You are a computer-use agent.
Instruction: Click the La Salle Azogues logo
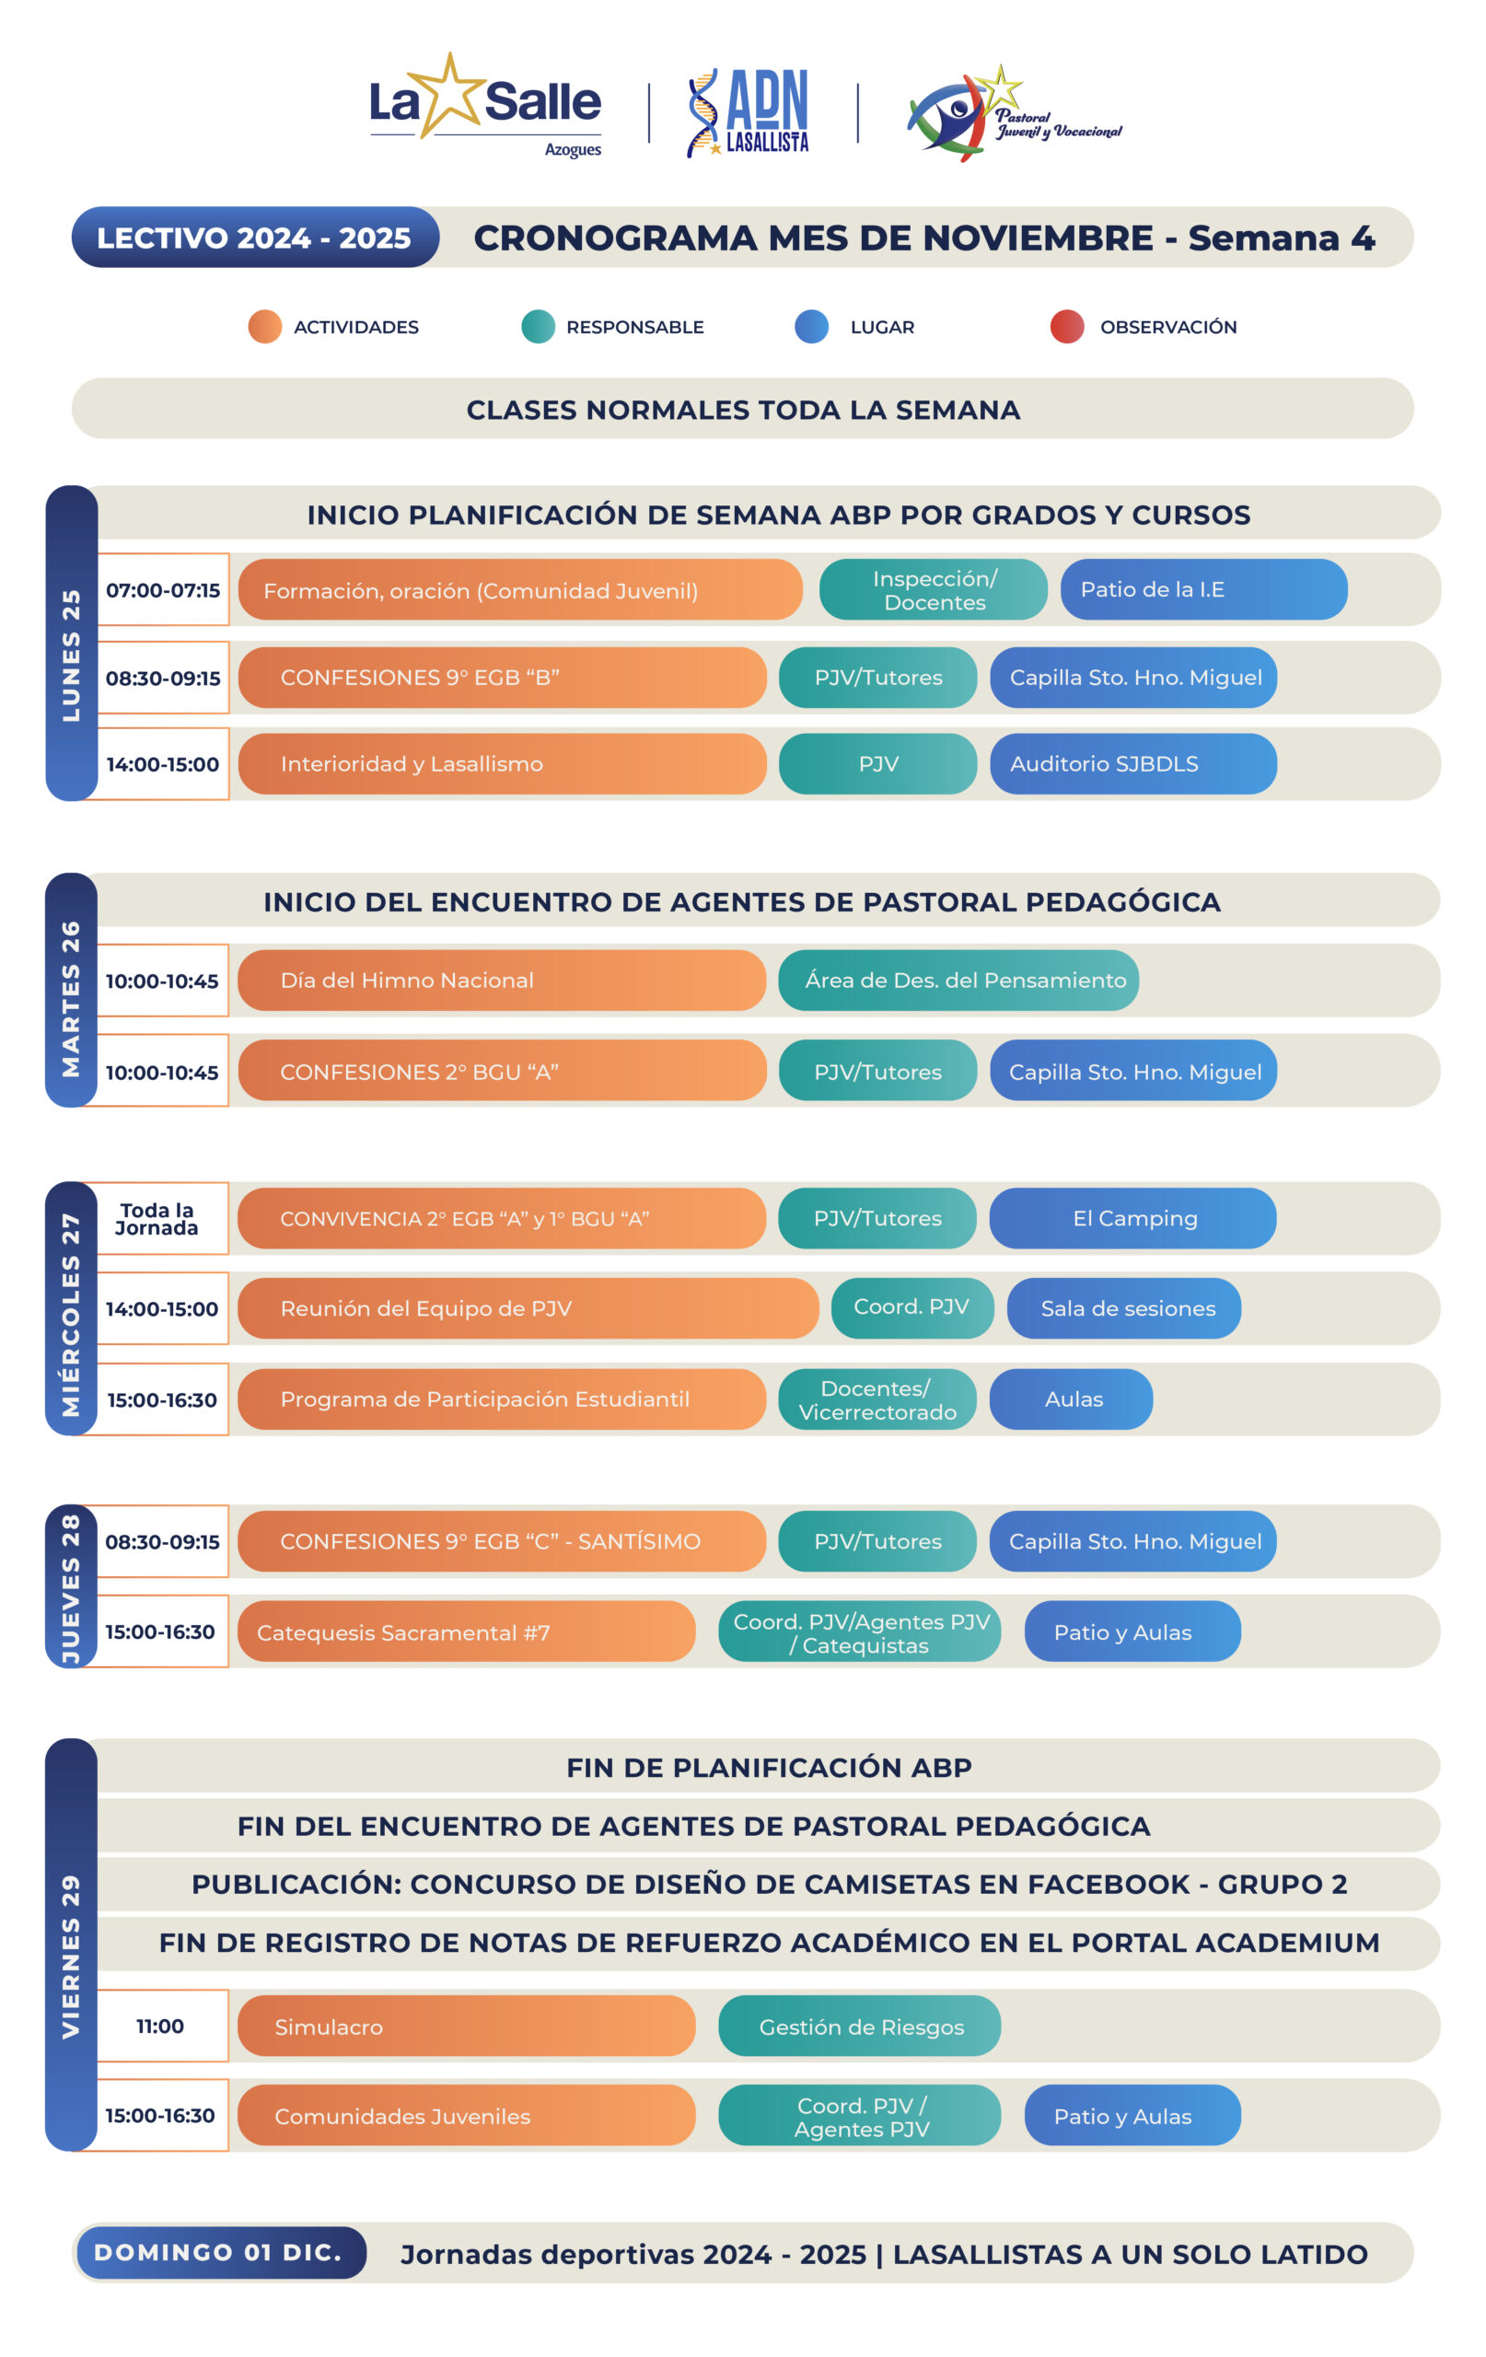pos(485,106)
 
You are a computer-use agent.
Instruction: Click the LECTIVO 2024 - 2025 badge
pos(254,237)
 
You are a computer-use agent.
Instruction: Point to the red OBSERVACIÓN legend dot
pos(1066,326)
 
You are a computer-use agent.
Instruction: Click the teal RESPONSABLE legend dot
pos(538,326)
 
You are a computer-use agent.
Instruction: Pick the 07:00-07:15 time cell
pos(162,589)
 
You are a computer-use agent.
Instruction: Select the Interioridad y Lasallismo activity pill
pos(501,763)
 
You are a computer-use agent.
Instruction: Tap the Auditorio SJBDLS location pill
pos(1132,763)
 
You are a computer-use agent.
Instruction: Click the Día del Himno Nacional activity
pos(501,980)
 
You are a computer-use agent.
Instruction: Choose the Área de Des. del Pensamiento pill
pos(958,980)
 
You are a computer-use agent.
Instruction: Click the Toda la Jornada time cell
pos(157,1219)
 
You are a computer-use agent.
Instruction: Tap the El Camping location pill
pos(1132,1218)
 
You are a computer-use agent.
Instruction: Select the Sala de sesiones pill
pos(1124,1307)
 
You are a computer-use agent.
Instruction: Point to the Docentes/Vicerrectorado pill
pos(877,1399)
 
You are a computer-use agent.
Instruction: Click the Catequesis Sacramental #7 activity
pos(466,1631)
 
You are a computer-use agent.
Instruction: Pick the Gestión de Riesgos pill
pos(860,2026)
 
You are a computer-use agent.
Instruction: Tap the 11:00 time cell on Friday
pos(160,2026)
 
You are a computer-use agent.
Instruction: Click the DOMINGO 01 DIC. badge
pos(219,2252)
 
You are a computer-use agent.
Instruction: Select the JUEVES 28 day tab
pos(72,1585)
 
